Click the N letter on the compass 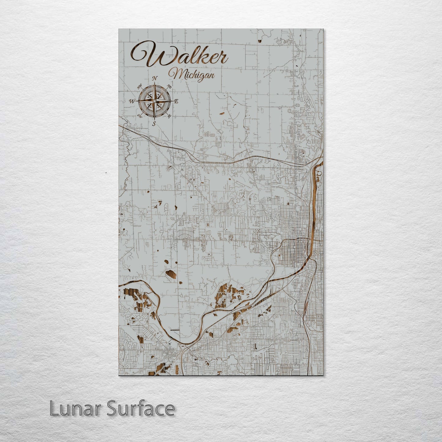155,78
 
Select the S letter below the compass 154,124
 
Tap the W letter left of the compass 132,101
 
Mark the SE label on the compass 169,116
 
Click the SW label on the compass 140,116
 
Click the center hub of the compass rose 154,101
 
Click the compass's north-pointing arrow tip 154,82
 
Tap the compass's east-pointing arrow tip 173,101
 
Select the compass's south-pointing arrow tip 154,120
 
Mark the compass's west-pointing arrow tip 136,101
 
